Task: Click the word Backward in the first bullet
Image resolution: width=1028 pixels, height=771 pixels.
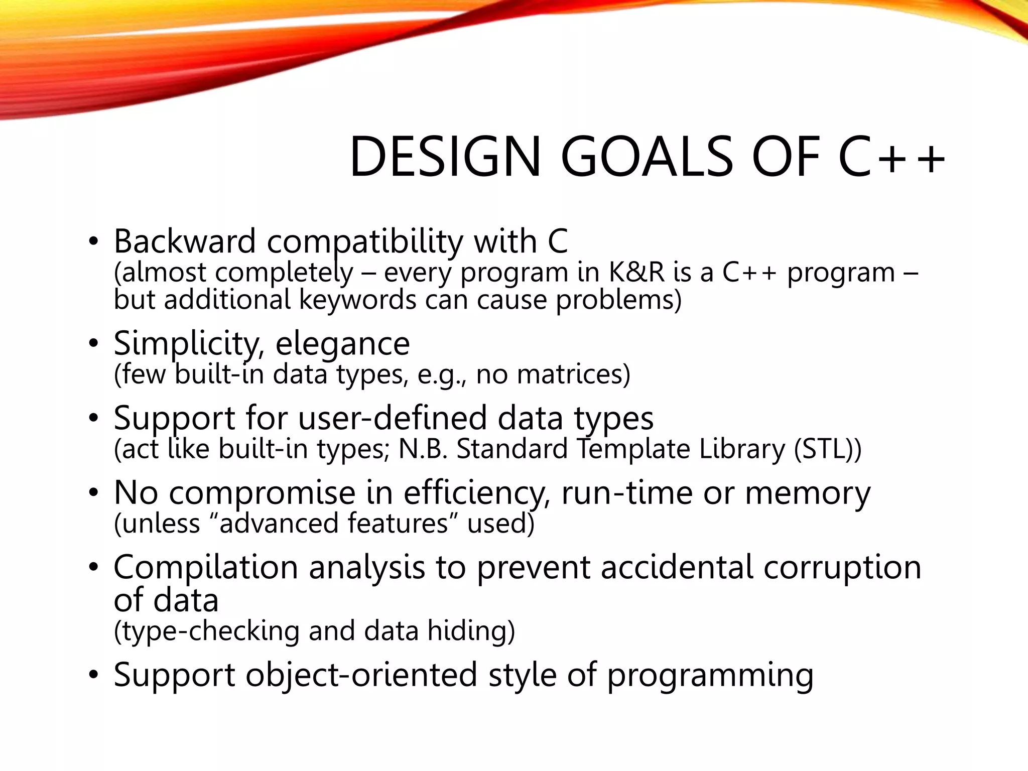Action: click(x=185, y=241)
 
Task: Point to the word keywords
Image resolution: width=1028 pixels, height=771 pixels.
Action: click(x=357, y=300)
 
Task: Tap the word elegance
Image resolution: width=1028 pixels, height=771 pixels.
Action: click(x=342, y=344)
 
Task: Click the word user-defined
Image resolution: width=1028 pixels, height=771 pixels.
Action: click(x=393, y=418)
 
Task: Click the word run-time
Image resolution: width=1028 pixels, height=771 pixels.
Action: click(x=626, y=493)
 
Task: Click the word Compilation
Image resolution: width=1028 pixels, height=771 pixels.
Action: click(x=206, y=568)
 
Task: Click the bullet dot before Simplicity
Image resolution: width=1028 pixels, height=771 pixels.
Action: click(x=93, y=344)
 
